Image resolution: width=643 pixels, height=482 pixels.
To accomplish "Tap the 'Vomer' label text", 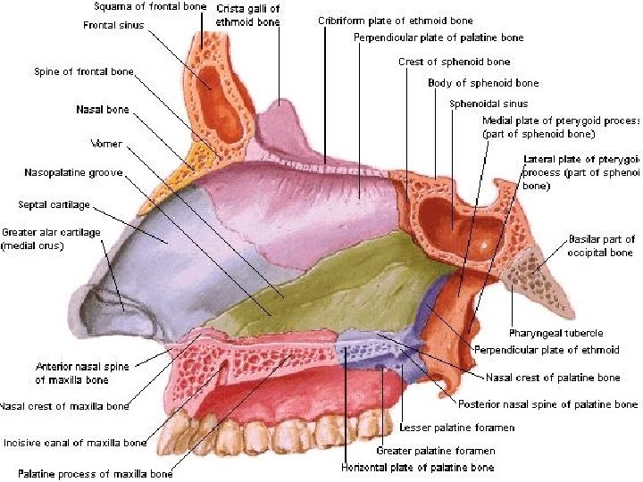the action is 106,143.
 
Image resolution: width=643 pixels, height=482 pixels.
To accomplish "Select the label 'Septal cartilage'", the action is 54,204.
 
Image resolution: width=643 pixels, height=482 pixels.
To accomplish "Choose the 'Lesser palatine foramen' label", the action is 457,428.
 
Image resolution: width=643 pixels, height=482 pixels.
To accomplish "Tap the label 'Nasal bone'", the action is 103,110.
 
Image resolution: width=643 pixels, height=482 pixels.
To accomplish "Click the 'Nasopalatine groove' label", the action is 74,172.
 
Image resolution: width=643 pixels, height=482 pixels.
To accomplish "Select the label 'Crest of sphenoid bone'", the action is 454,62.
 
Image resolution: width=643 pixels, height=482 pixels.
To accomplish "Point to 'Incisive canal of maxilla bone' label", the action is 74,442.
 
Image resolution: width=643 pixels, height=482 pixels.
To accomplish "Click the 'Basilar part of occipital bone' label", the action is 601,245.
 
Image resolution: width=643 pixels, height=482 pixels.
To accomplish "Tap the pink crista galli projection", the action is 280,120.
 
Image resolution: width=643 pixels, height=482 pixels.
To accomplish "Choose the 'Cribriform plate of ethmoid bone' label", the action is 396,20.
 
